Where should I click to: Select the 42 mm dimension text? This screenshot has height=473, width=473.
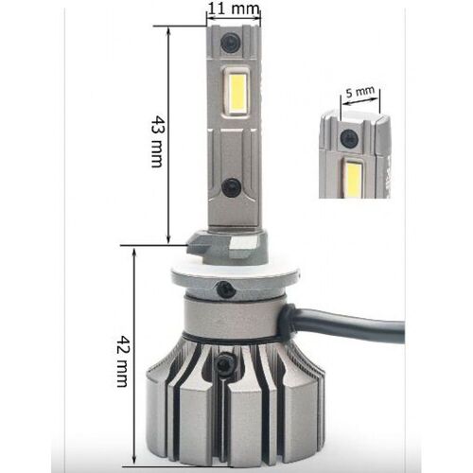click(x=122, y=360)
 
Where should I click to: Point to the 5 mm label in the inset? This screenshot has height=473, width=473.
click(x=360, y=92)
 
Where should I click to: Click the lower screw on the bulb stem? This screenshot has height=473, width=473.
click(x=229, y=186)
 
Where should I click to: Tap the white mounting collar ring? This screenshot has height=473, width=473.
click(x=227, y=276)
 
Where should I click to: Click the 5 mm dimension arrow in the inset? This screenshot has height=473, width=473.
click(x=360, y=104)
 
